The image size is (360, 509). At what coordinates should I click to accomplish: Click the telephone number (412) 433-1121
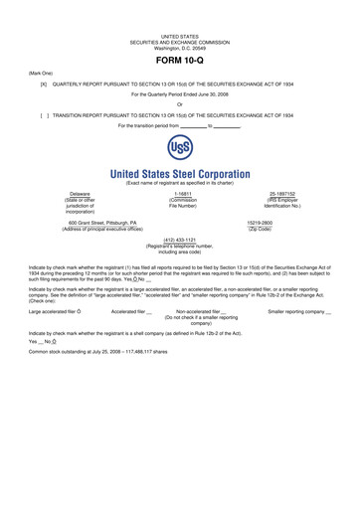pyautogui.click(x=180, y=266)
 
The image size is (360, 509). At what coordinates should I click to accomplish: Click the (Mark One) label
pyautogui.click(x=30, y=73)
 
